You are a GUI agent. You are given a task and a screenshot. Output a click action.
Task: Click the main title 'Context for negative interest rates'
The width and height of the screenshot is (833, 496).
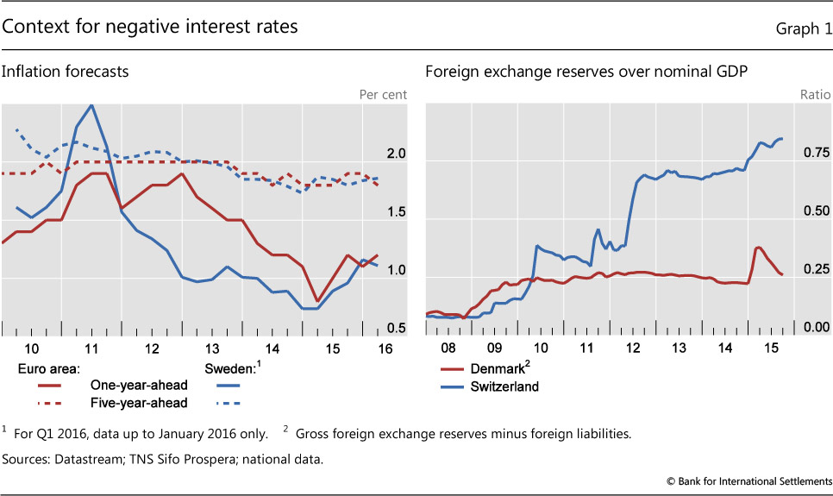pos(150,27)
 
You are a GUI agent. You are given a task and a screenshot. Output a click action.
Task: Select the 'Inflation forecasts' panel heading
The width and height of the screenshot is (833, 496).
pos(66,72)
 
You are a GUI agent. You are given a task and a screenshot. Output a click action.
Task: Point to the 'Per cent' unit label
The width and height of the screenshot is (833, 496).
pos(382,94)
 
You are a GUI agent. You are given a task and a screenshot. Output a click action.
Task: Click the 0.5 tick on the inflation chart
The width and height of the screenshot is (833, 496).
pos(395,329)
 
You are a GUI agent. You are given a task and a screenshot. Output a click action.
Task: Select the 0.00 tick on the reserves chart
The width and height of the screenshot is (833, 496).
pos(815,329)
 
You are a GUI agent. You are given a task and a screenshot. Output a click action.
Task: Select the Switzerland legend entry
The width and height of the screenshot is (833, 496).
pos(506,386)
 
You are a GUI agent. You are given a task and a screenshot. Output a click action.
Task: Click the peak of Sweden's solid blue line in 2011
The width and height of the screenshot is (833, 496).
pos(91,104)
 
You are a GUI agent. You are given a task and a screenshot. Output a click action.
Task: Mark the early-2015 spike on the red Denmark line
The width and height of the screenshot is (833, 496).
pos(758,248)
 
